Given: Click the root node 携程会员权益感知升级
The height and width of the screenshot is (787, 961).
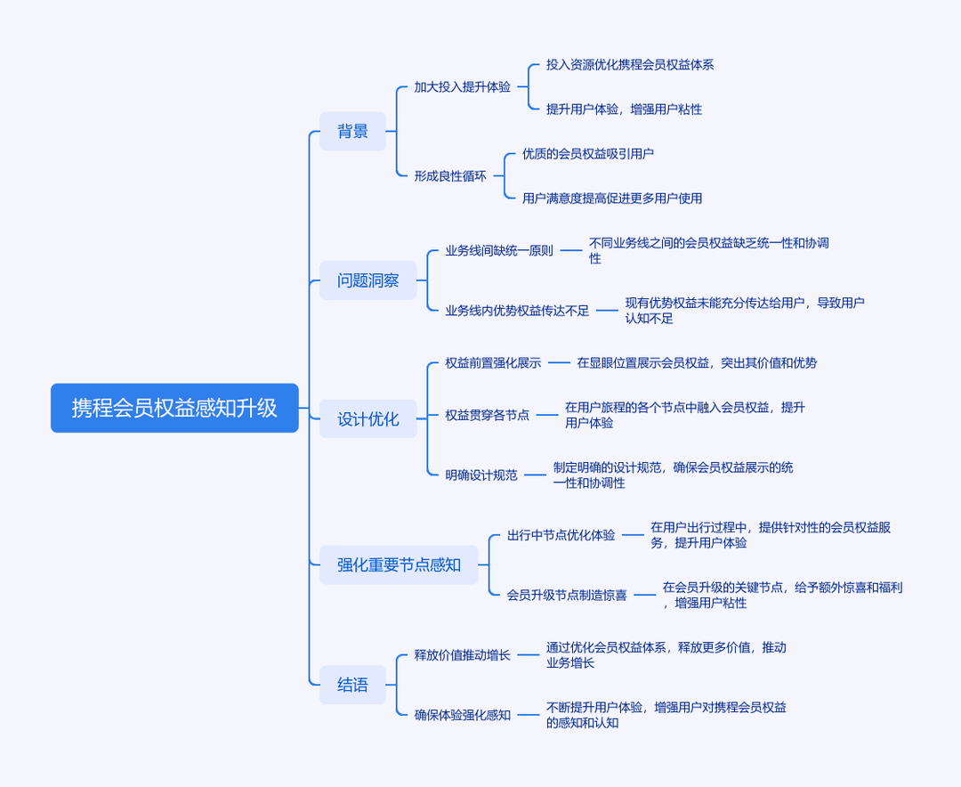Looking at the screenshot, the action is [174, 408].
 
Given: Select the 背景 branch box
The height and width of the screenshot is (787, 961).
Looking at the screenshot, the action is [352, 131].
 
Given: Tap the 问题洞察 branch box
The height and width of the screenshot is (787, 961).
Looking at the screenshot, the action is [367, 280].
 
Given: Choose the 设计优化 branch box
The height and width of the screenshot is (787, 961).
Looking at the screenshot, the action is [367, 419].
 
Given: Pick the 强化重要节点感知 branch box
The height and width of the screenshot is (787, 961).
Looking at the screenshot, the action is [399, 564].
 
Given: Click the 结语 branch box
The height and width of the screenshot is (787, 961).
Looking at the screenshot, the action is [352, 685].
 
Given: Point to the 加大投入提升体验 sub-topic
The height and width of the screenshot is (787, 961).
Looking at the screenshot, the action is [462, 87].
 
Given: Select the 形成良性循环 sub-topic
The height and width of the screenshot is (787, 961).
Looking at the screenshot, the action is [450, 176].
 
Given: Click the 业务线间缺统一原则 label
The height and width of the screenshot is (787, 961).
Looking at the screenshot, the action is [499, 250].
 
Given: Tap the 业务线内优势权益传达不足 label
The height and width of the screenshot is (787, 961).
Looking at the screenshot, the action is [517, 311].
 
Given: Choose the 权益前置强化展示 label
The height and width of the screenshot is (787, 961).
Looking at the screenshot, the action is [493, 362].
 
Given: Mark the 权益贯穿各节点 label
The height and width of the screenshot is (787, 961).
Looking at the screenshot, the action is [488, 415].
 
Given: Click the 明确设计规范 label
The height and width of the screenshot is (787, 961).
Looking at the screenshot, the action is [481, 475].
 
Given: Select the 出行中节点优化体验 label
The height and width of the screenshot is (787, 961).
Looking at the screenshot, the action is [561, 535].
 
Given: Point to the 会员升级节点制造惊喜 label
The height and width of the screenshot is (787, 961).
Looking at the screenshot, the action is [567, 595].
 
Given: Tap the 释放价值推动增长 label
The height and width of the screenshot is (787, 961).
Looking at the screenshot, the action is [462, 655].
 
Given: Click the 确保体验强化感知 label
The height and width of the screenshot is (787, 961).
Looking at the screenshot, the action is [462, 715].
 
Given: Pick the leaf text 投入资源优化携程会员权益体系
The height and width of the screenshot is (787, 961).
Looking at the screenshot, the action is [630, 64].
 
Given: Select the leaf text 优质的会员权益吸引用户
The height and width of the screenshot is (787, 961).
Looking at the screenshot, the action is [588, 153].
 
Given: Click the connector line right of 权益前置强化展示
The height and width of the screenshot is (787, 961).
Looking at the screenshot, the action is [559, 362].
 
